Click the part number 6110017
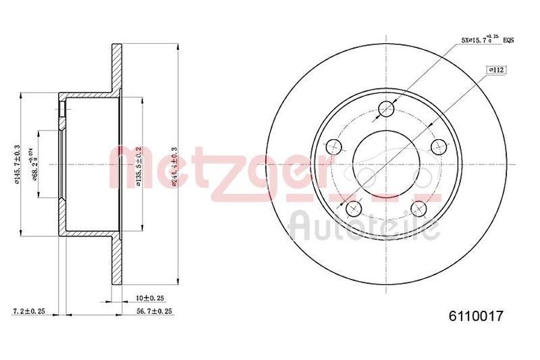click(x=477, y=315)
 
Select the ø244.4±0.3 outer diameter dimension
click(x=174, y=165)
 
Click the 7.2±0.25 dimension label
click(x=29, y=311)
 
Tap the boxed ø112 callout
click(x=496, y=70)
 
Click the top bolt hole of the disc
click(x=386, y=109)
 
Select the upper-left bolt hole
click(x=333, y=146)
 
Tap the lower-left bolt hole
click(x=352, y=209)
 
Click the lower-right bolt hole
click(x=419, y=209)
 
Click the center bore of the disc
click(x=385, y=164)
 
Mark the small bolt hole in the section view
click(x=62, y=107)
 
